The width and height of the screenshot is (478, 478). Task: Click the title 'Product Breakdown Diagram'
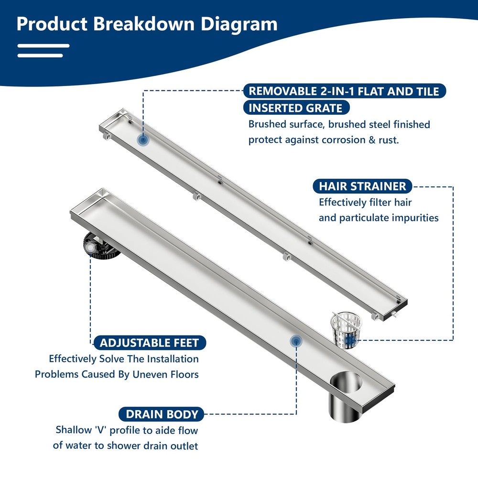(147, 23)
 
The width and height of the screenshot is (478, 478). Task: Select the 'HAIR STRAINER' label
(362, 186)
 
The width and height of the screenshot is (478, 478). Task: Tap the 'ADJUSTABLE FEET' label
(150, 342)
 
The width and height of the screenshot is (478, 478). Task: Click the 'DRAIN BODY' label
(162, 414)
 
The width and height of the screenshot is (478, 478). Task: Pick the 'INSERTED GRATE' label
(296, 108)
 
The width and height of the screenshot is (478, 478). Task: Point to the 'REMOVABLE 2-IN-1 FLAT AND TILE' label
(344, 91)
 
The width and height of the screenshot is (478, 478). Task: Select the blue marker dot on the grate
(142, 140)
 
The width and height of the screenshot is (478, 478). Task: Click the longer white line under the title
(43, 46)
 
